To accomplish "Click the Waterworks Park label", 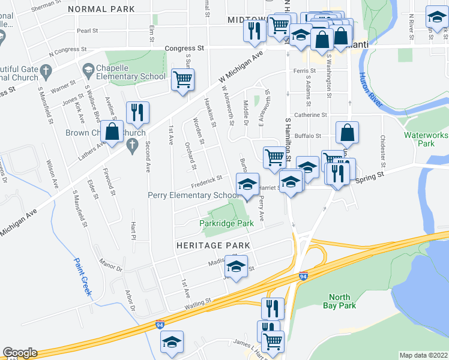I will pyautogui.click(x=427, y=139).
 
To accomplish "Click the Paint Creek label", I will pyautogui.click(x=83, y=277).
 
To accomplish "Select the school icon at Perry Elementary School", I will pyautogui.click(x=247, y=185).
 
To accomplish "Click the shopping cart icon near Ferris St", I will pyautogui.click(x=182, y=79).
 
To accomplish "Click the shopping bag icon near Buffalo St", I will pyautogui.click(x=347, y=133).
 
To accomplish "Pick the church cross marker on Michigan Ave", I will pyautogui.click(x=132, y=145).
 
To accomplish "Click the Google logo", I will pyautogui.click(x=20, y=353).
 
